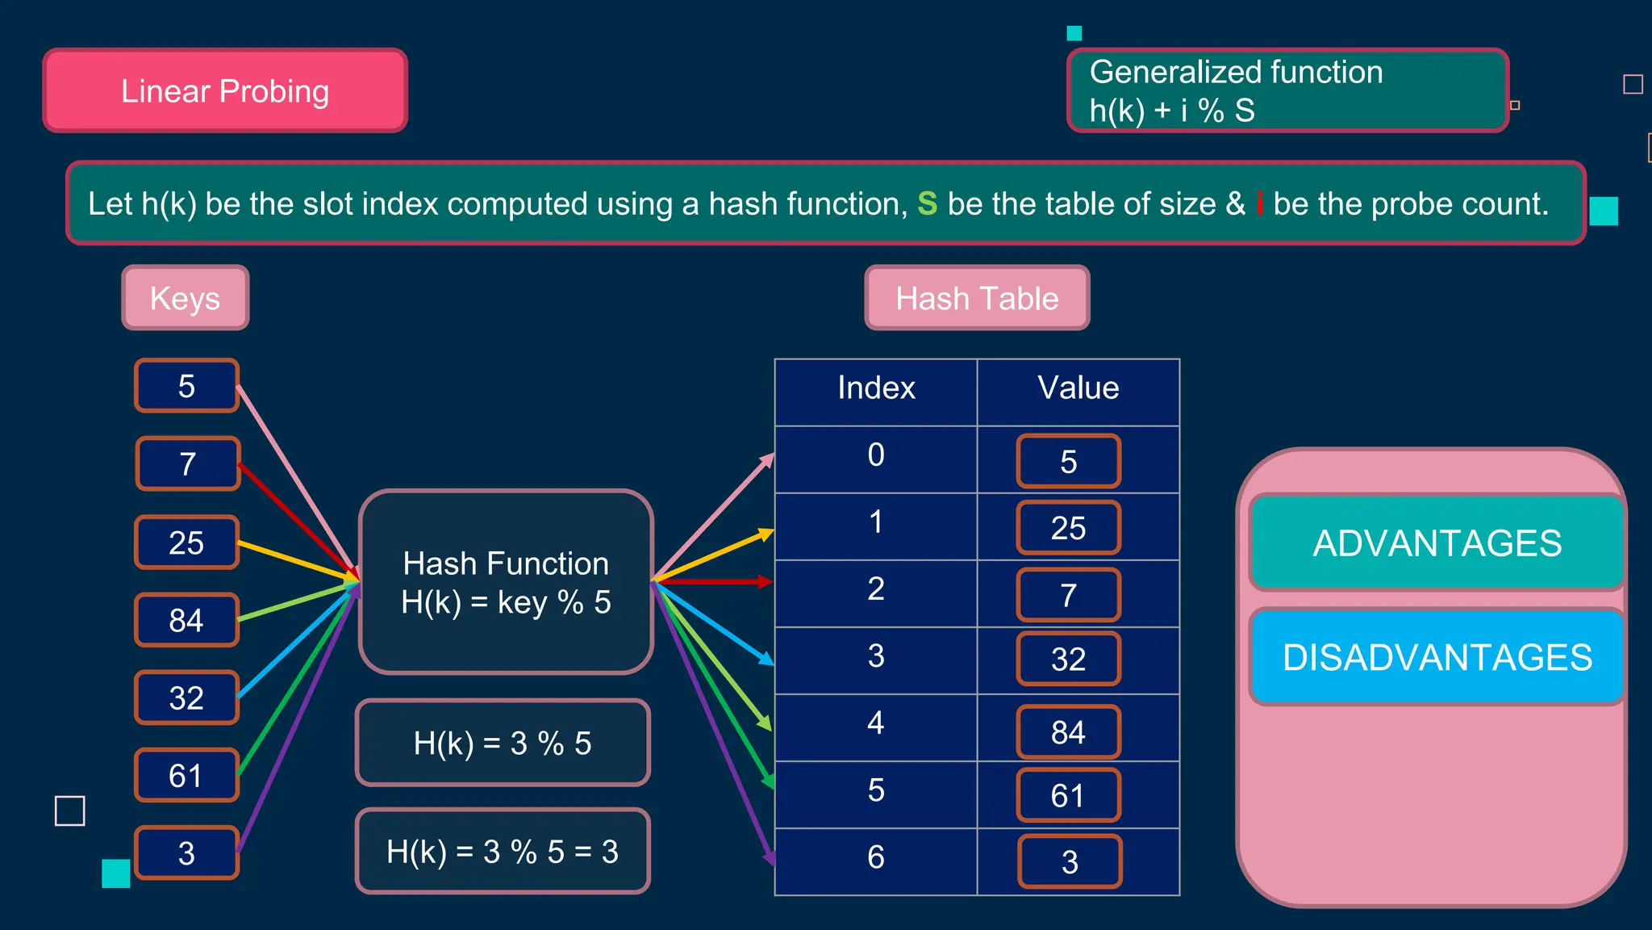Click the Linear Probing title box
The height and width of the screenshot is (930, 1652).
click(225, 90)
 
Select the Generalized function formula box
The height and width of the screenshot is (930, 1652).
click(1287, 90)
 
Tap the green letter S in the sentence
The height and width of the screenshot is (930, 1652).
click(927, 203)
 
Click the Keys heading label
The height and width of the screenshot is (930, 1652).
click(185, 298)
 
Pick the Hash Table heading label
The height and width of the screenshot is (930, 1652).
click(977, 298)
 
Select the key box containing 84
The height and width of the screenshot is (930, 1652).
click(186, 620)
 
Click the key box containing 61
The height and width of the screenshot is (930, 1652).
click(186, 775)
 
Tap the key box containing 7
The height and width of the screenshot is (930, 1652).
click(188, 463)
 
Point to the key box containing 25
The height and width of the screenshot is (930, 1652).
click(186, 542)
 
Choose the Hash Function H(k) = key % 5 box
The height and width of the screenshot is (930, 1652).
click(506, 582)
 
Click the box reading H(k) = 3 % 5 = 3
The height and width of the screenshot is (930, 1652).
click(503, 851)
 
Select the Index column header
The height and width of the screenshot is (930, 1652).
click(876, 388)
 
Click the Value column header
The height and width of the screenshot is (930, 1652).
click(1078, 388)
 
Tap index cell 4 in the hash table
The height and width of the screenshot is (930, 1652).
click(876, 723)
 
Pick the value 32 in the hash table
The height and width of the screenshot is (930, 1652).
click(1069, 659)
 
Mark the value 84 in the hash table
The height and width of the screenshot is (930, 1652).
click(1069, 731)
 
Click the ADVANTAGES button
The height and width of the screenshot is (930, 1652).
click(1437, 542)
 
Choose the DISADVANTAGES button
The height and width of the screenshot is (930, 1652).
click(1437, 657)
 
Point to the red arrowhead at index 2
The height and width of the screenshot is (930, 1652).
click(765, 581)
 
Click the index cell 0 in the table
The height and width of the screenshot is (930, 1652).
click(876, 455)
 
